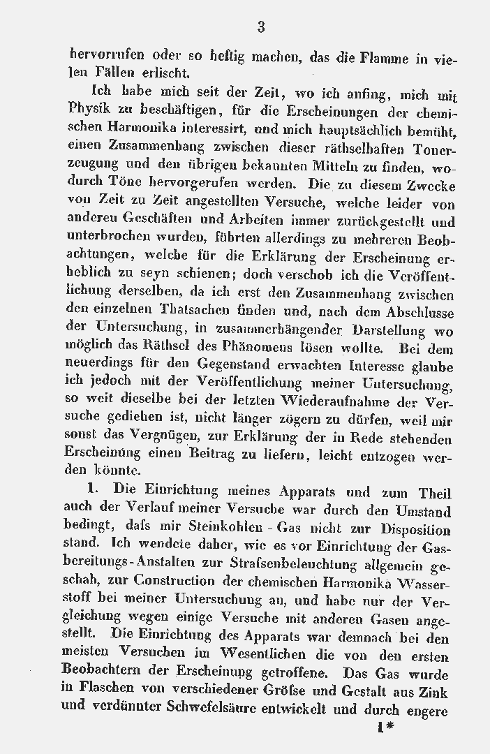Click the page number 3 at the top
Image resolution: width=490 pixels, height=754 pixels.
[261, 28]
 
